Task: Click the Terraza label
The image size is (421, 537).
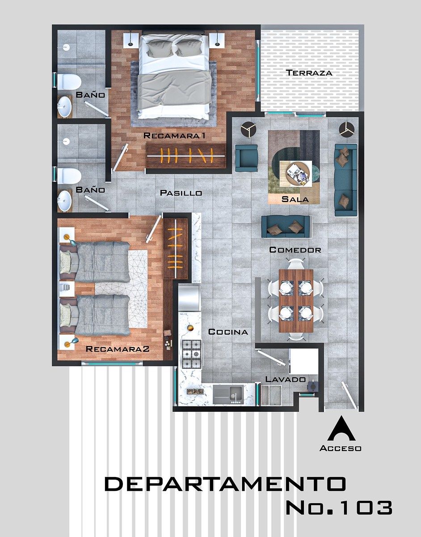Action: coord(309,73)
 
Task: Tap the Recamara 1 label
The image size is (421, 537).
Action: coord(174,136)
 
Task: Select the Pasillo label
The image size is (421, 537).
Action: coord(181,193)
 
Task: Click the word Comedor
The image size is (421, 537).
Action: coord(295,250)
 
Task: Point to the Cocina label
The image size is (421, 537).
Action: coord(228,332)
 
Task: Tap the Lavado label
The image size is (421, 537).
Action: coord(286,379)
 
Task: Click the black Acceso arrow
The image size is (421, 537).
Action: coord(341,428)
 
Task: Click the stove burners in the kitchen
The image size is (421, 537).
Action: coord(191,354)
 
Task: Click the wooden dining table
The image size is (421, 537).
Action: coord(295,301)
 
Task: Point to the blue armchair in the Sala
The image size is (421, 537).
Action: coord(246,158)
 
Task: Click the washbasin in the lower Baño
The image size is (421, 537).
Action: coord(64,200)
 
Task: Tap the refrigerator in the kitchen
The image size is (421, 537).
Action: coord(189,298)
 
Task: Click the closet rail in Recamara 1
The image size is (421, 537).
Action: coord(186,156)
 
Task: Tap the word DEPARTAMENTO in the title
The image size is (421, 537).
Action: coord(225,484)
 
